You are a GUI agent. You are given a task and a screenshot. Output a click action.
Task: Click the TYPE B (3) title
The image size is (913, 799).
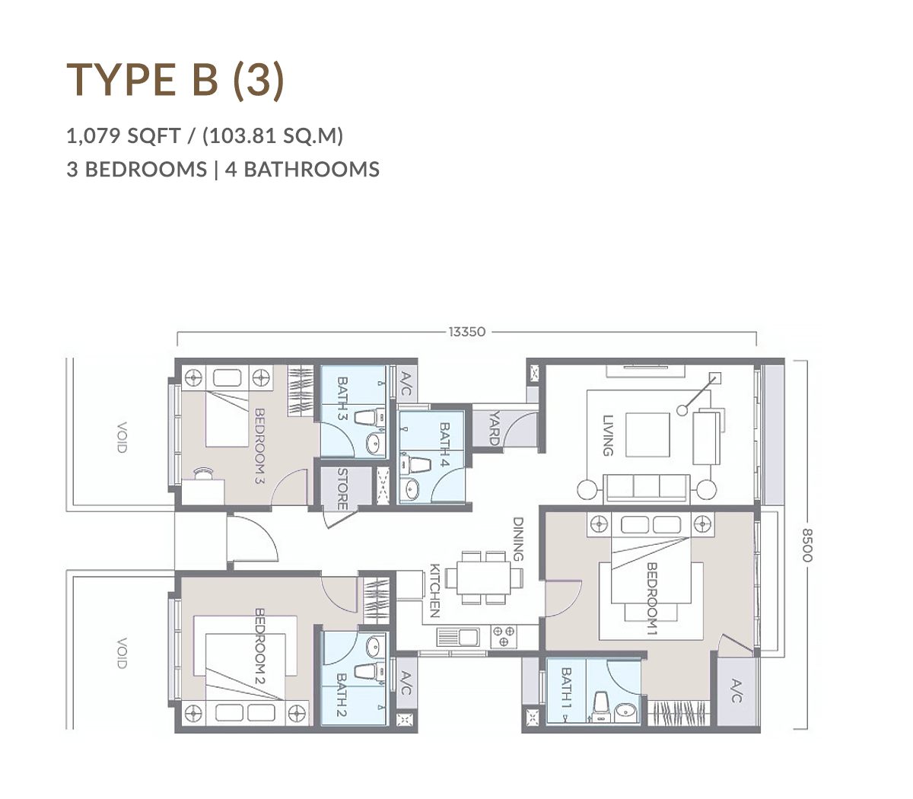[175, 81]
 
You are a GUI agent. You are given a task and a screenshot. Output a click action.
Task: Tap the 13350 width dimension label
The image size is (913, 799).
[466, 332]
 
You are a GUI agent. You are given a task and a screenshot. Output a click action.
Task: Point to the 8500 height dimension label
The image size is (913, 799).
[807, 545]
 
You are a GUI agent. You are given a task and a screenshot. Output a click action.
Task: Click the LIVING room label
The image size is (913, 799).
[608, 435]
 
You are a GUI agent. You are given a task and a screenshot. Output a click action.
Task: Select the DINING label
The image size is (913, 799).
[517, 540]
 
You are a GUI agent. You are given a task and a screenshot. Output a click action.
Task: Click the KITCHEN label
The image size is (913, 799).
[434, 590]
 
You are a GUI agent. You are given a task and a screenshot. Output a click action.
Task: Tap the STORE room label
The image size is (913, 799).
[342, 489]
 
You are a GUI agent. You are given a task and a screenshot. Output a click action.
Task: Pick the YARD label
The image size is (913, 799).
[494, 428]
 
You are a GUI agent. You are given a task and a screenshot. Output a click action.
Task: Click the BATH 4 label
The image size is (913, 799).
[444, 444]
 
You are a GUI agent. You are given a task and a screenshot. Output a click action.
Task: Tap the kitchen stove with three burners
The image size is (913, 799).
[504, 636]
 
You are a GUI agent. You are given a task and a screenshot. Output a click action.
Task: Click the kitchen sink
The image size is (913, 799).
[458, 637]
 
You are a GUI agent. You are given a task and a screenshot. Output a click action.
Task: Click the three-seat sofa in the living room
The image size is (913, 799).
[647, 488]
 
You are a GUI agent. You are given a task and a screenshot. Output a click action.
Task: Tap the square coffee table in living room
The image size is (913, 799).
[647, 435]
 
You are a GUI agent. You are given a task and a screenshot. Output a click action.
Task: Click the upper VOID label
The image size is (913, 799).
[122, 437]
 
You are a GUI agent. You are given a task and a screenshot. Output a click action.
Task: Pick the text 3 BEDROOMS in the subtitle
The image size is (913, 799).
[137, 170]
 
